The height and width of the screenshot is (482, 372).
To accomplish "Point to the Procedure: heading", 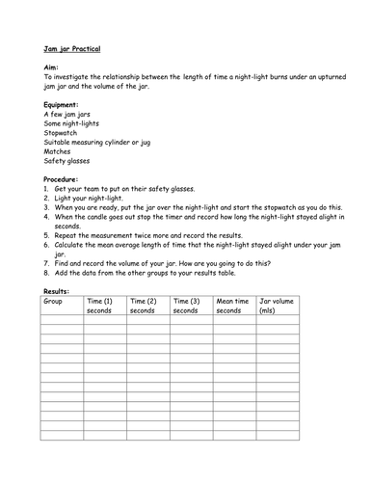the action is click(x=66, y=179).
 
